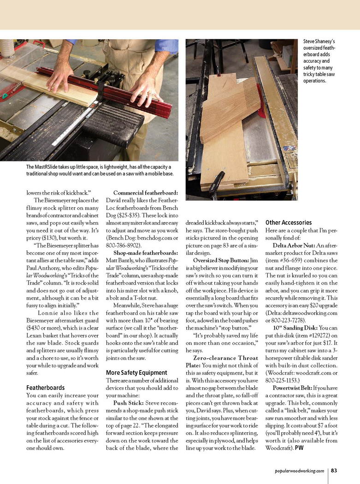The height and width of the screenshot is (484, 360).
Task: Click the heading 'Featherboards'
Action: click(46, 388)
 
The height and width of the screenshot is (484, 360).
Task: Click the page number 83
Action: click(335, 470)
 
